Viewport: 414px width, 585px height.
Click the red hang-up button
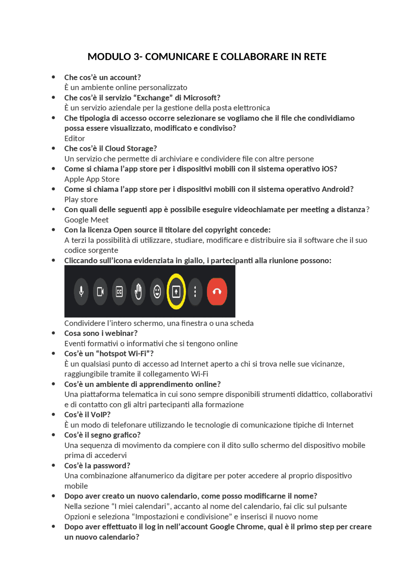click(217, 292)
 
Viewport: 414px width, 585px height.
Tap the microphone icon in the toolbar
click(81, 292)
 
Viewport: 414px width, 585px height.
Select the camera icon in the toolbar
click(100, 292)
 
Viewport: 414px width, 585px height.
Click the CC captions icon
click(119, 292)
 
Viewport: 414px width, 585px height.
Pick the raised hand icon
click(138, 292)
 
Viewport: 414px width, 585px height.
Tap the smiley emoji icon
click(157, 292)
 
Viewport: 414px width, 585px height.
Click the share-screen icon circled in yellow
click(176, 292)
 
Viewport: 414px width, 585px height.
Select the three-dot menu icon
click(195, 292)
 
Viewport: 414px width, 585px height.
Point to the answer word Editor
click(74, 139)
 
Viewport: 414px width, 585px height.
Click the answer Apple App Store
click(92, 179)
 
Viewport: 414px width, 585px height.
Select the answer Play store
click(81, 200)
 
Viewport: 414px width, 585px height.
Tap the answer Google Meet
click(86, 220)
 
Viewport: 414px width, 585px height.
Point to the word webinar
click(121, 333)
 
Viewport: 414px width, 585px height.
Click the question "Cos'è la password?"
click(97, 466)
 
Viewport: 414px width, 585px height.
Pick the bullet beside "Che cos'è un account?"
click(53, 77)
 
